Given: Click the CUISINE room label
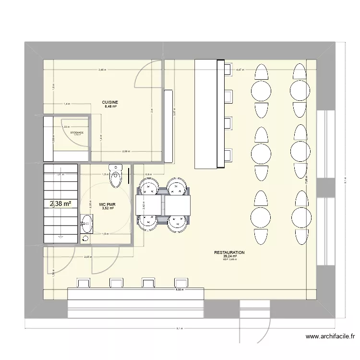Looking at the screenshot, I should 109,102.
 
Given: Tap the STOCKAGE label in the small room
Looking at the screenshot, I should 77,132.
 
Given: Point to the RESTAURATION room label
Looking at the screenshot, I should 229,252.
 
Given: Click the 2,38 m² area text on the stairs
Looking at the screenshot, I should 60,204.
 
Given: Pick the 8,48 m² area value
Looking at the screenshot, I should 109,107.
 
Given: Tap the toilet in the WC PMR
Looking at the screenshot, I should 116,175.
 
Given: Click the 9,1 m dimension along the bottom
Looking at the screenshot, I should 179,329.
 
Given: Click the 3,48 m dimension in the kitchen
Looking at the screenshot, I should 102,70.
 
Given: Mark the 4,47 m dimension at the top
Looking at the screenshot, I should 240,70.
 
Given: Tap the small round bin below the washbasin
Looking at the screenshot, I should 85,239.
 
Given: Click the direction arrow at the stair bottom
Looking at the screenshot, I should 60,237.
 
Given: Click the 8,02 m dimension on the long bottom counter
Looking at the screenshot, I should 179,289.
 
